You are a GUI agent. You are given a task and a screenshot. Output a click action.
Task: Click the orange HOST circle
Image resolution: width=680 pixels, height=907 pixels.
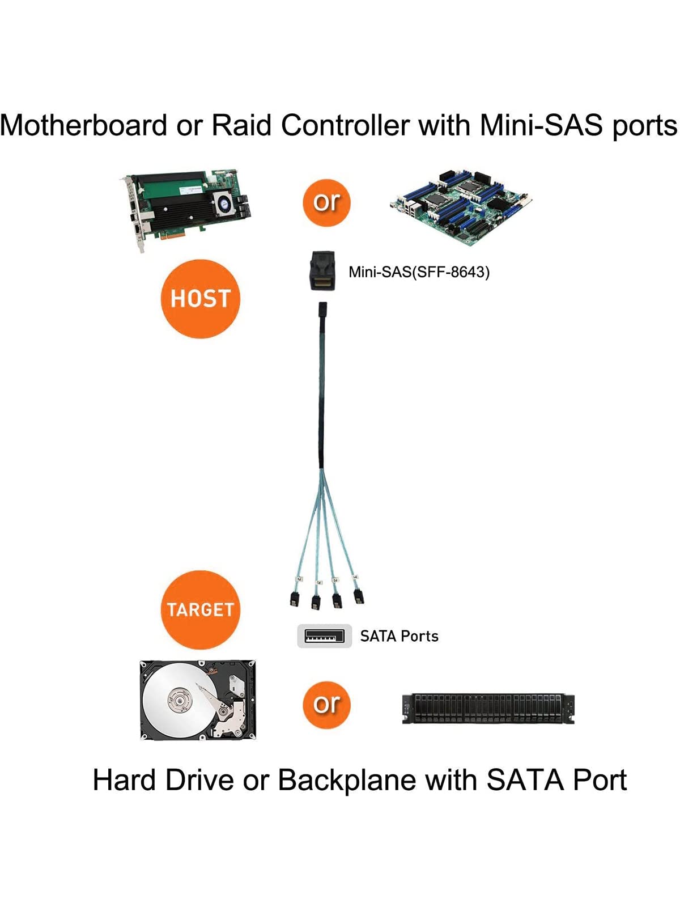201,299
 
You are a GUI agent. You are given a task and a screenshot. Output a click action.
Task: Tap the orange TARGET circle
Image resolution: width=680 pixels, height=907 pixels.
200,610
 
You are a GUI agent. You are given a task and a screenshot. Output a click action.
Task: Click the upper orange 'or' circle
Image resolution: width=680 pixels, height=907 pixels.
327,202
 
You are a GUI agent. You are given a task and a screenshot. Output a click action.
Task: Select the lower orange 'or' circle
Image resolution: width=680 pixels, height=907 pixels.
327,705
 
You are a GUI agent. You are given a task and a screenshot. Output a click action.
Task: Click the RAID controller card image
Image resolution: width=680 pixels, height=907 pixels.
187,210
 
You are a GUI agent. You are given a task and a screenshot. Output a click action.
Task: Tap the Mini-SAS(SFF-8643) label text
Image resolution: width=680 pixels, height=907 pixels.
419,272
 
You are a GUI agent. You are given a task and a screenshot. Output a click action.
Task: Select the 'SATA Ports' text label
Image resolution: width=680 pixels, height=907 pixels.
399,636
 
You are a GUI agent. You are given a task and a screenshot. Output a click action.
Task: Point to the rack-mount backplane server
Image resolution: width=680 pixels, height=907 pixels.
488,708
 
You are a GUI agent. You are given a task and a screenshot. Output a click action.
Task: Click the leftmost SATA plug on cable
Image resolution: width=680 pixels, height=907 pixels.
295,599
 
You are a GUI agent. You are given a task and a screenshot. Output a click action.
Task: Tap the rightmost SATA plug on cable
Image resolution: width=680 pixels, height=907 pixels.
359,596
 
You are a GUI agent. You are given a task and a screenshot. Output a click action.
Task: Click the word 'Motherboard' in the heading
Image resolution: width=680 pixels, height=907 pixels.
84,125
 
